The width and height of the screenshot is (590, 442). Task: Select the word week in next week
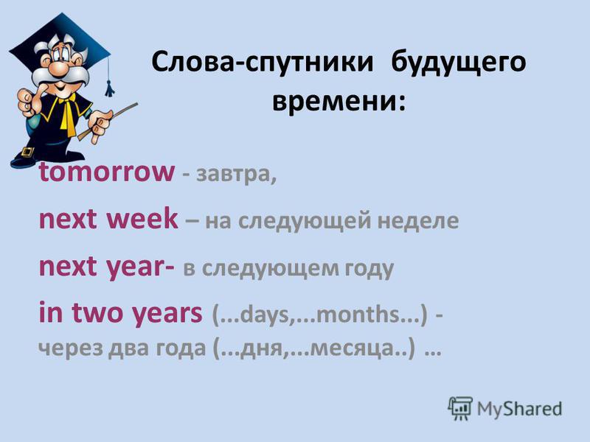click(142, 218)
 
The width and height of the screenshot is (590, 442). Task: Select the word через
click(70, 348)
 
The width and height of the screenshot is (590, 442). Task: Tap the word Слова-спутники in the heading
click(263, 62)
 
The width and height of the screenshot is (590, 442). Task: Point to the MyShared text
click(520, 409)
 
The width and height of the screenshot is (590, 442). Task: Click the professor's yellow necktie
click(68, 113)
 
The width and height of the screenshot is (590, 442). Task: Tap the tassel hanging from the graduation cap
click(109, 89)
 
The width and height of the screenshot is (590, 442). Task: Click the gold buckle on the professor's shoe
click(27, 152)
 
